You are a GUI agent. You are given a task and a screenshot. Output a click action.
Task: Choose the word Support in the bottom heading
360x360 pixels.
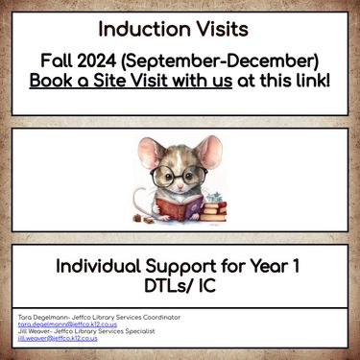(x=185, y=267)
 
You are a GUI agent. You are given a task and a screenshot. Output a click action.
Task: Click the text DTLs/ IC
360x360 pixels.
(x=180, y=287)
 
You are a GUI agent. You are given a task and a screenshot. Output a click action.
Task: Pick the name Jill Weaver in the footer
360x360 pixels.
(x=37, y=331)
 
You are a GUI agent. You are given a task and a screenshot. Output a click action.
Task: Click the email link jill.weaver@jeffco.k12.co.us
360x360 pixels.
(x=58, y=339)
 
